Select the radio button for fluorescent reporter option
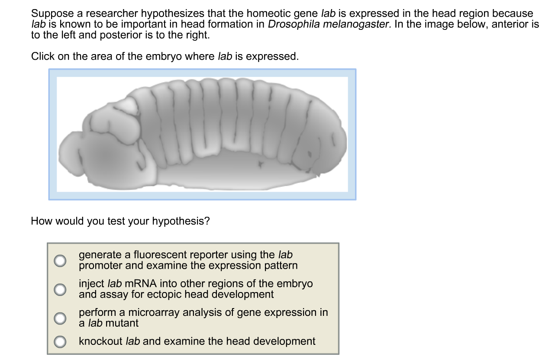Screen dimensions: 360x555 (60, 260)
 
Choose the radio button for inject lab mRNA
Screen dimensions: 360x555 (60, 289)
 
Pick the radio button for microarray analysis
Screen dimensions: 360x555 (60, 318)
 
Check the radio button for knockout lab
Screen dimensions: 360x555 (60, 341)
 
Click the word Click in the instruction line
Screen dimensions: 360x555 (43, 56)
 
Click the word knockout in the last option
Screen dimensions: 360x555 (100, 341)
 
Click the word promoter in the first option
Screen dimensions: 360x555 (100, 266)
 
